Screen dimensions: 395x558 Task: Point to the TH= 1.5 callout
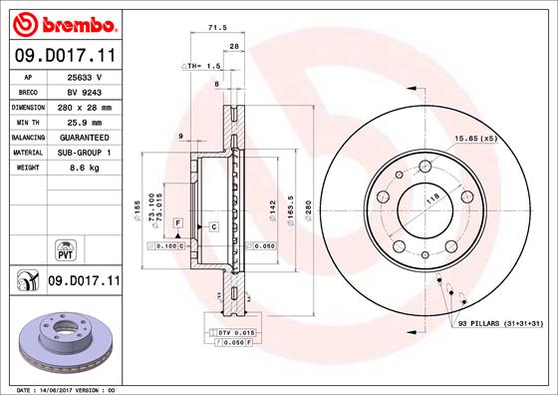click(x=198, y=65)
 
